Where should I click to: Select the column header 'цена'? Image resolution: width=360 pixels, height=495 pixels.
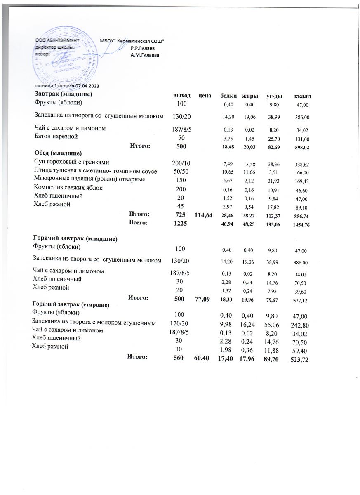tap(202, 96)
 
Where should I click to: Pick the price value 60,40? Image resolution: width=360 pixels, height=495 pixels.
tap(202, 359)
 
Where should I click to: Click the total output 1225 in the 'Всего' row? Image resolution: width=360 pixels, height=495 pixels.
tap(180, 223)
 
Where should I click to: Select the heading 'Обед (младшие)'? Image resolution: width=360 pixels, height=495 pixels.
tap(56, 154)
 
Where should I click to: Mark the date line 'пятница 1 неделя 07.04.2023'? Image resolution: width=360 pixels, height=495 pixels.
tap(66, 86)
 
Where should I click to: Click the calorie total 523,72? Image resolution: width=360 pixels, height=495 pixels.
tap(299, 360)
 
